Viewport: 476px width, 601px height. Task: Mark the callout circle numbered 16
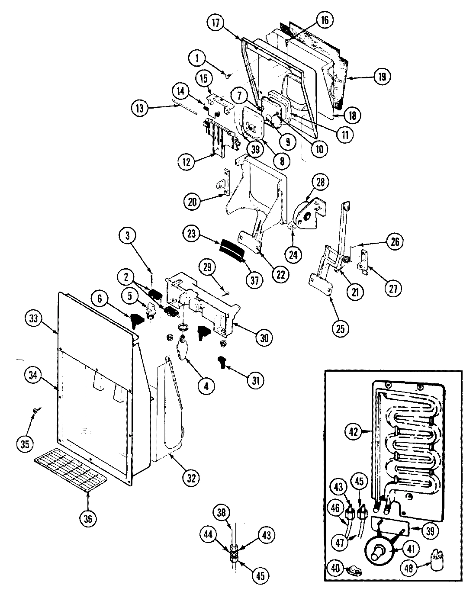324,19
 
